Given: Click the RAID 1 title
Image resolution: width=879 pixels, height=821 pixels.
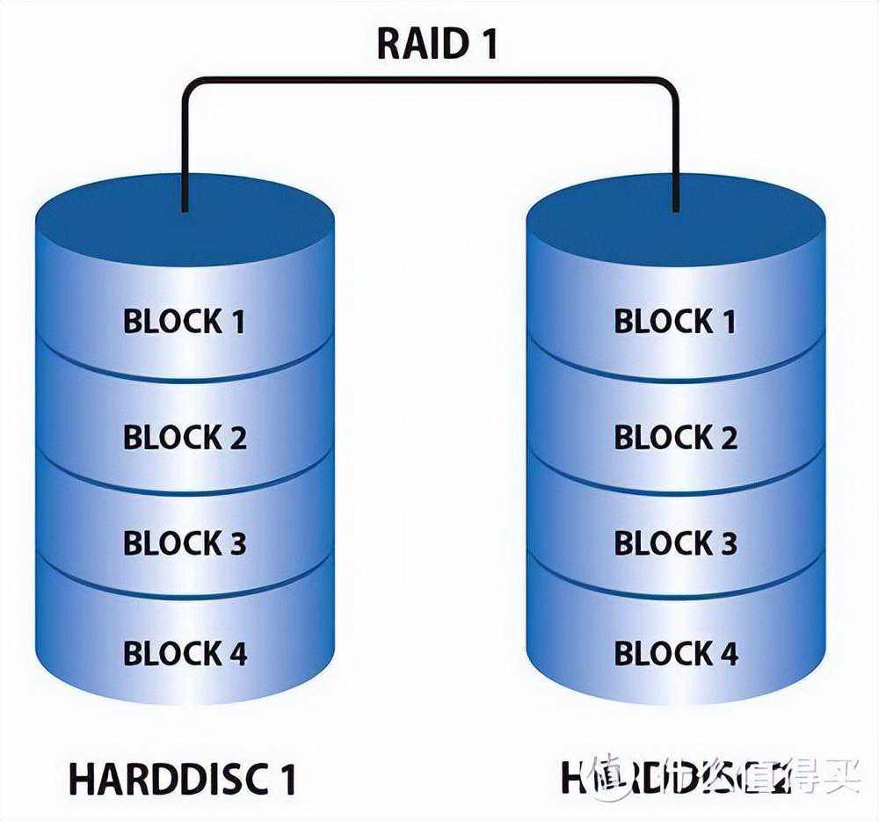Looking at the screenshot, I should click(x=437, y=44).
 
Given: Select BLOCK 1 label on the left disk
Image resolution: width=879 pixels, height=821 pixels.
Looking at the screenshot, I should click(x=185, y=322).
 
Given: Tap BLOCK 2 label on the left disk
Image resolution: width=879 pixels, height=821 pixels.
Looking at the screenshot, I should click(x=185, y=437).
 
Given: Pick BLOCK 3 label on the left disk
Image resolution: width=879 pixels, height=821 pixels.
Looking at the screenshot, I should click(x=185, y=543).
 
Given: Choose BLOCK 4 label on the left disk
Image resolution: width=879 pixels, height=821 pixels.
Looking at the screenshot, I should click(x=185, y=653).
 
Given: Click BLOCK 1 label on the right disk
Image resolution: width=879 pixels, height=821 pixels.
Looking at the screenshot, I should click(x=675, y=322).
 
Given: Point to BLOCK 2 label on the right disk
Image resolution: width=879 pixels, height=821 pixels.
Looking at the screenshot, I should click(x=675, y=437).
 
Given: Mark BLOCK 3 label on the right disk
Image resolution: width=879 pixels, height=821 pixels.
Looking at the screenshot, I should click(x=675, y=543).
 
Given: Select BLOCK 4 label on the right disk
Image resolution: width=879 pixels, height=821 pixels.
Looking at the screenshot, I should click(x=675, y=653).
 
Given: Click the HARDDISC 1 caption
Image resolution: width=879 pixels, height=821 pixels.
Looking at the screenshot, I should click(x=182, y=779).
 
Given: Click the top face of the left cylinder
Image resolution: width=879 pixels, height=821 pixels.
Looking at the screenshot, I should click(x=185, y=220).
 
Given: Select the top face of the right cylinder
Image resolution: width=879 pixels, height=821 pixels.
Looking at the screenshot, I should click(x=675, y=220).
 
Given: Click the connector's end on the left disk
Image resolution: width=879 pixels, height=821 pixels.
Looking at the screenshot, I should click(x=185, y=207).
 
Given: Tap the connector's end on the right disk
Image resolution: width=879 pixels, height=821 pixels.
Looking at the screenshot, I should click(x=675, y=207).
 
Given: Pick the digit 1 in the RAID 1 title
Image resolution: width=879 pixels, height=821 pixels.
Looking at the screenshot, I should click(x=487, y=44).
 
